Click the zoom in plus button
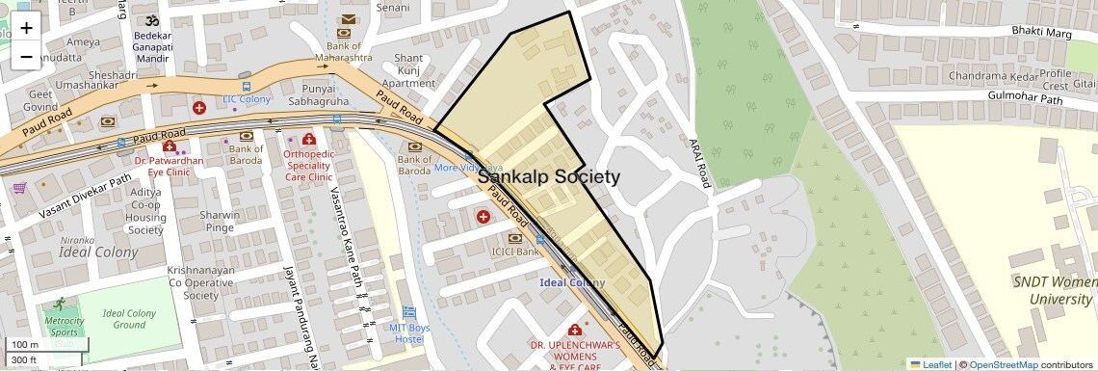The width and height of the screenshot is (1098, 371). tap(26, 28)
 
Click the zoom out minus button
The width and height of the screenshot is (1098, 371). tap(26, 57)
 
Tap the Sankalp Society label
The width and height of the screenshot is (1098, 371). tap(549, 177)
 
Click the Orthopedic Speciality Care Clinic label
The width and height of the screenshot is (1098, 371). tap(307, 165)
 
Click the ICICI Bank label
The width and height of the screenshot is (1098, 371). tap(514, 252)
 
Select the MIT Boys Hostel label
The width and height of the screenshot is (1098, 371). tap(409, 332)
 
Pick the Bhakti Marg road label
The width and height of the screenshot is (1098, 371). tap(1042, 32)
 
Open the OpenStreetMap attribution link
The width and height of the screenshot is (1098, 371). tap(1003, 364)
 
